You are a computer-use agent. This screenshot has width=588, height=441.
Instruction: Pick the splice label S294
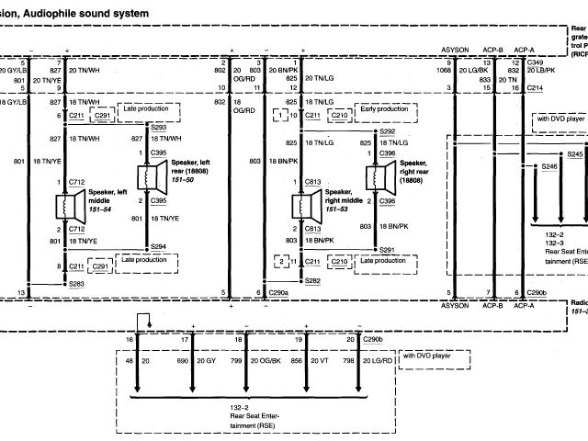pyautogui.click(x=158, y=246)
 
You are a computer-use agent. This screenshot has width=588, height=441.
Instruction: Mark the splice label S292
pyautogui.click(x=387, y=131)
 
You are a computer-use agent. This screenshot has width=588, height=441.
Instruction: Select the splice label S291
pyautogui.click(x=387, y=249)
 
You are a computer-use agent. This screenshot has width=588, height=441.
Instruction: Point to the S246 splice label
pyautogui.click(x=549, y=166)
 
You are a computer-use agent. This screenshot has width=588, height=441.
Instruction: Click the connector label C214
pyautogui.click(x=535, y=87)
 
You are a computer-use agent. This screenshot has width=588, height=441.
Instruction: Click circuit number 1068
pyautogui.click(x=446, y=70)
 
